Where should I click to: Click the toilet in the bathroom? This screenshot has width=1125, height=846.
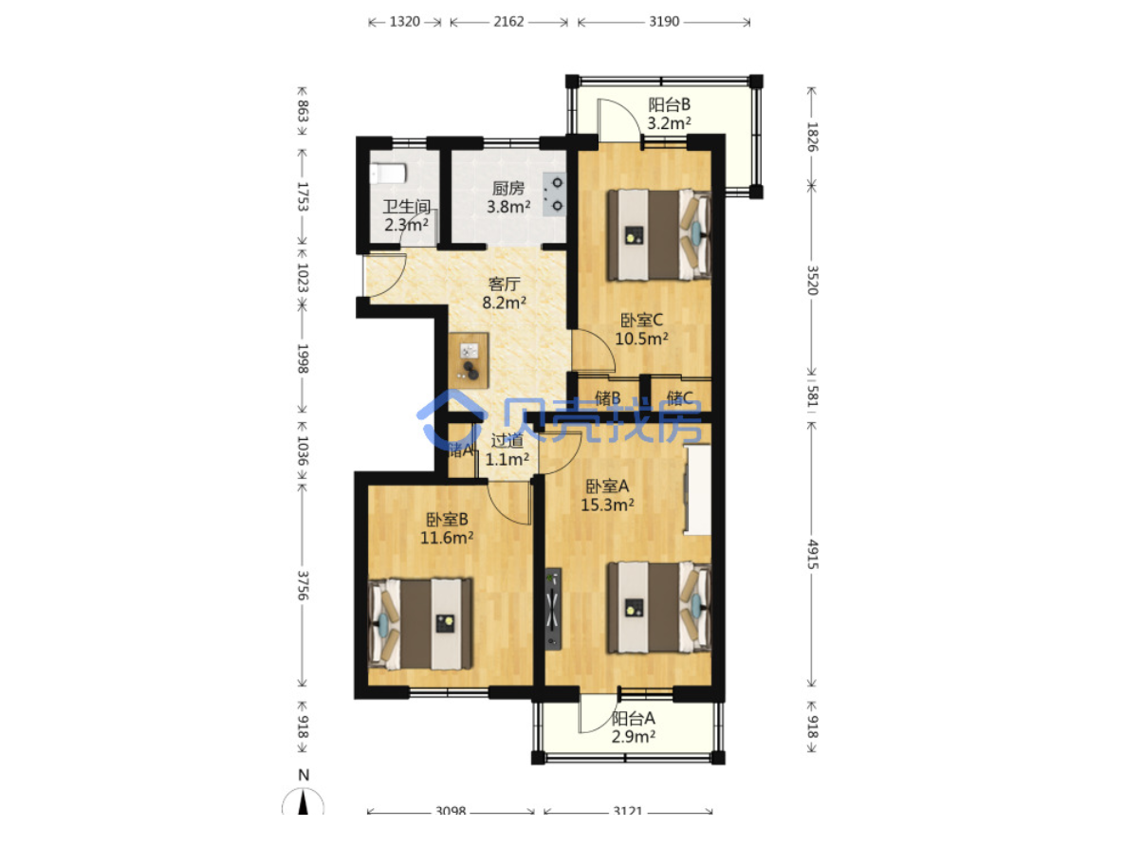click(x=388, y=173)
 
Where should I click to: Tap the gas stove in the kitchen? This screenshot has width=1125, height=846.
click(x=554, y=194)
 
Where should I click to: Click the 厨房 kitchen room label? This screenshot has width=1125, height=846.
click(x=508, y=189)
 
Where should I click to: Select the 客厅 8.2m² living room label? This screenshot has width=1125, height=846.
click(x=504, y=293)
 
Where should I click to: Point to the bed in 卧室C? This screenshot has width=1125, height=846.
click(x=659, y=234)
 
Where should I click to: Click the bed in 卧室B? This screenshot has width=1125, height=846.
click(x=420, y=624)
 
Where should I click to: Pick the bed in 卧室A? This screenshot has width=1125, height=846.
click(x=659, y=608)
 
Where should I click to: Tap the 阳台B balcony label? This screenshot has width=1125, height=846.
click(x=670, y=104)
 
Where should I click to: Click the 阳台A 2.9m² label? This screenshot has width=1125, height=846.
click(x=634, y=727)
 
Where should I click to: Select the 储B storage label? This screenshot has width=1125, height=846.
click(x=608, y=398)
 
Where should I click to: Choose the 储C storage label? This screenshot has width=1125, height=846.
click(x=679, y=398)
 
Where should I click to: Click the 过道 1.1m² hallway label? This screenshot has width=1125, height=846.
click(x=507, y=450)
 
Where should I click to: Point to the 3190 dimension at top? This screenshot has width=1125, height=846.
click(x=664, y=22)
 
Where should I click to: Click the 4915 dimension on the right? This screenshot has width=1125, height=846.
click(x=812, y=554)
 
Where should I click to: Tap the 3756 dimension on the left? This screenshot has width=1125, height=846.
click(x=303, y=585)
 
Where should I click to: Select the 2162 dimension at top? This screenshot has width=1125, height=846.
click(x=508, y=22)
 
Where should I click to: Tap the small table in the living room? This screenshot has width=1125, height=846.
click(x=470, y=361)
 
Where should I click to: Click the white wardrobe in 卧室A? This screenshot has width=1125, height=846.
click(x=697, y=490)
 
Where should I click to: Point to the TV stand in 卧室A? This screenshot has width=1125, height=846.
click(x=552, y=609)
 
